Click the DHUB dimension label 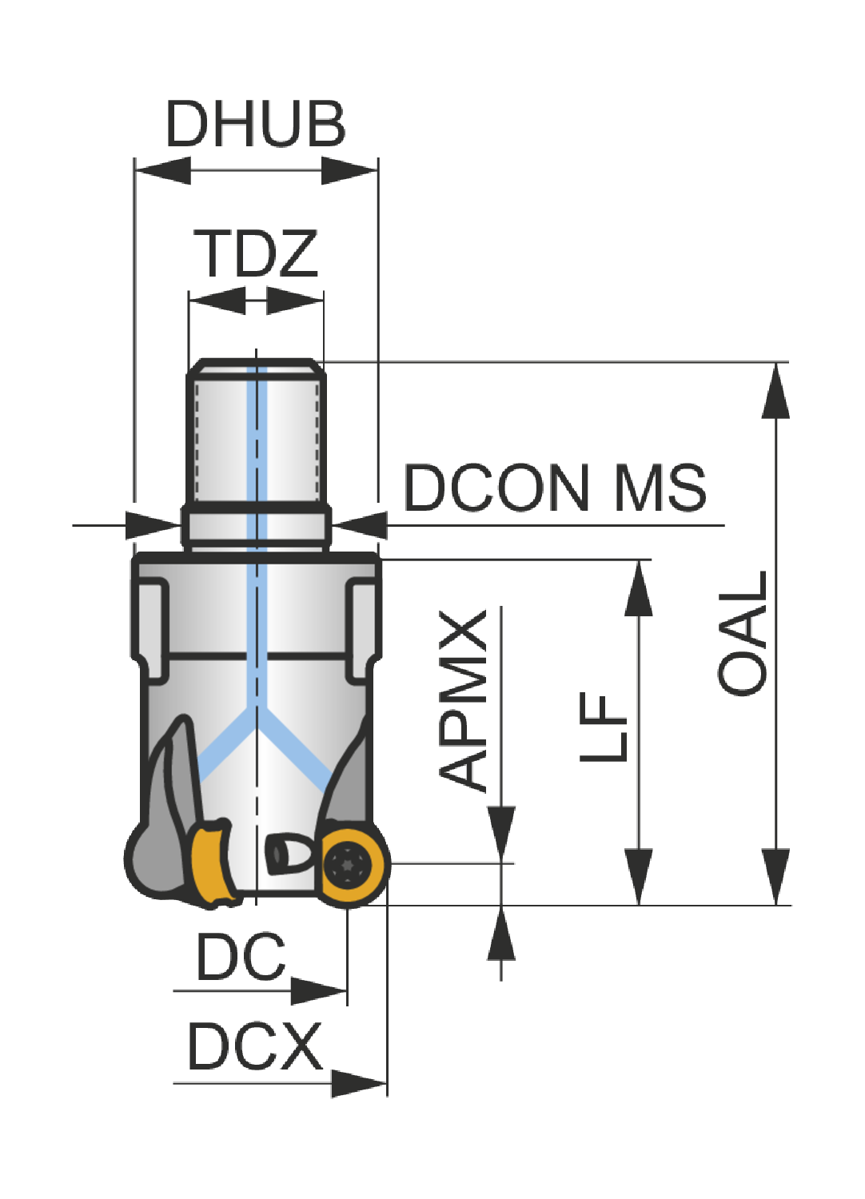point(256,124)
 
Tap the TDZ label point(256,253)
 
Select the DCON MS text point(555,488)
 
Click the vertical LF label point(603,727)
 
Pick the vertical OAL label point(742,634)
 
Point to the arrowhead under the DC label point(318,991)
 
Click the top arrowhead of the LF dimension point(639,588)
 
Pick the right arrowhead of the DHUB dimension point(349,171)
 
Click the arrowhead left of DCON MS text point(359,525)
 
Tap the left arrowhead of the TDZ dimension point(217,301)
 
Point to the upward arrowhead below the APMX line point(501,933)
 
